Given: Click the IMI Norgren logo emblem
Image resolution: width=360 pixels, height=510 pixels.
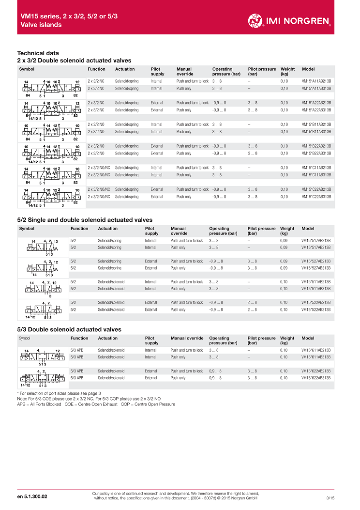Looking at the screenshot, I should (x=256, y=20).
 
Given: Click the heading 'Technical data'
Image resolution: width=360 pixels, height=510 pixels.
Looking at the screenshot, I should (x=38, y=53).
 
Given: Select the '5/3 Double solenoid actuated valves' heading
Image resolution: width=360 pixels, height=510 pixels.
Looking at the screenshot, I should (x=69, y=329).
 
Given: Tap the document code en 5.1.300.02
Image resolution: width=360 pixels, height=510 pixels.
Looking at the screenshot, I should (x=32, y=496).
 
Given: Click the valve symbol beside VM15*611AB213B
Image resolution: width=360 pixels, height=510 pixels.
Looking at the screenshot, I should (x=42, y=355).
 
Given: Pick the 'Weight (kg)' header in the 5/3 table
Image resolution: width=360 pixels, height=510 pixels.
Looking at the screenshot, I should (x=287, y=340).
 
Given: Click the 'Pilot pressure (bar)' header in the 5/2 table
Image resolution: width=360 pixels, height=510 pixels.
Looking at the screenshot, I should (x=261, y=231).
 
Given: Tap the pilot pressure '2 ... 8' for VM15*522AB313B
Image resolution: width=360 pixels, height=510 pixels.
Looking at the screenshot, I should (x=252, y=309).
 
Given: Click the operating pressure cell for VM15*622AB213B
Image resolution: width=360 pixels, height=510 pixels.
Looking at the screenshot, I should (x=215, y=371).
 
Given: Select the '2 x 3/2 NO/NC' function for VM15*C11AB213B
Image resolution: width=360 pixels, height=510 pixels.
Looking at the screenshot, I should (x=99, y=168).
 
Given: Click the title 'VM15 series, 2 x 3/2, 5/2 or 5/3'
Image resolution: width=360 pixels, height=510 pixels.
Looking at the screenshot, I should (x=69, y=16).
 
